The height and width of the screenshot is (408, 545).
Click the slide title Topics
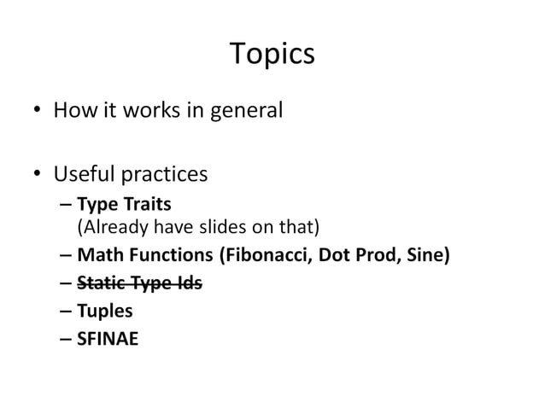[x=272, y=54]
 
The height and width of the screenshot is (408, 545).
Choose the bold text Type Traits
[x=124, y=205]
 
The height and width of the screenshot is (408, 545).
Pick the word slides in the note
[x=218, y=226]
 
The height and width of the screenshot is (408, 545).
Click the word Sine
[x=425, y=254]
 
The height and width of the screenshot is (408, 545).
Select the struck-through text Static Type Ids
[x=139, y=283]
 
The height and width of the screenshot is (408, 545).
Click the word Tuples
[x=105, y=311]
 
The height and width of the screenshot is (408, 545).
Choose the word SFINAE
[x=108, y=339]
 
